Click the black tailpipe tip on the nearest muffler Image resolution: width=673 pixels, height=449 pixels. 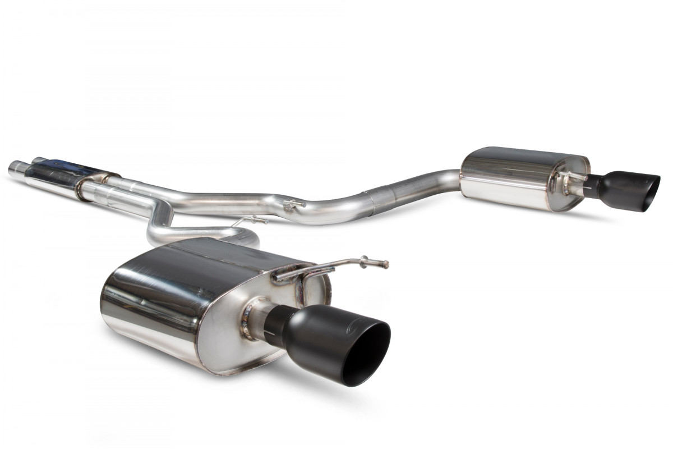point(314,331)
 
